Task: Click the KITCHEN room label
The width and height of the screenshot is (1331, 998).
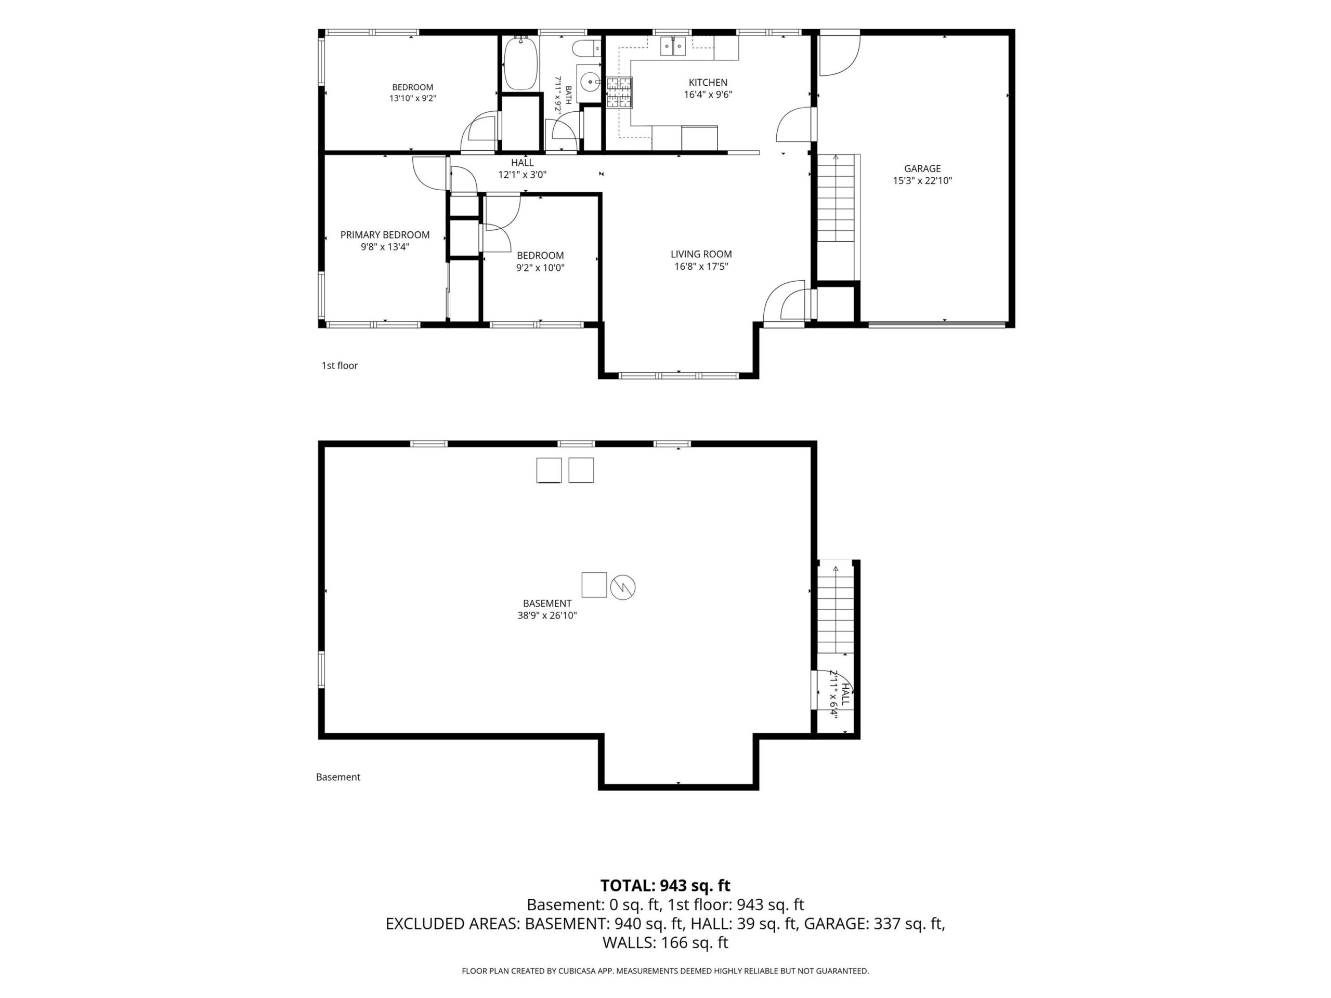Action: coord(708,83)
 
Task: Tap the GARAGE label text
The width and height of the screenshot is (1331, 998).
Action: coord(922,168)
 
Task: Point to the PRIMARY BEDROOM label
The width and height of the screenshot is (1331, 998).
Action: coord(385,234)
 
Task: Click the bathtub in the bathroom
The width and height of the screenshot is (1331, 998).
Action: coord(520,63)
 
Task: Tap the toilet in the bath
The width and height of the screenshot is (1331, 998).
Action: coord(586,47)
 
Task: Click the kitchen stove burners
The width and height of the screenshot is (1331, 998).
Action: coord(619,93)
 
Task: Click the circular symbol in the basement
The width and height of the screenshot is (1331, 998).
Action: coord(623,587)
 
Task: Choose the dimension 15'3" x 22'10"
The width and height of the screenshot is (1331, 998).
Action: coord(922,180)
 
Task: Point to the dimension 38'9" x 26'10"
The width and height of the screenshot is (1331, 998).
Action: coord(547,615)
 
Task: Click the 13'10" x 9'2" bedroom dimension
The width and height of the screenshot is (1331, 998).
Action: coord(413,99)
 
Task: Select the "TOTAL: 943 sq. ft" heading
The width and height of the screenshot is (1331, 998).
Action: coord(665,886)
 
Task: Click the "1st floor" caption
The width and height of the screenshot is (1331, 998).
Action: coord(340,366)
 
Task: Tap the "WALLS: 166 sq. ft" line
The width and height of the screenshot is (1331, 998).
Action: coord(665,943)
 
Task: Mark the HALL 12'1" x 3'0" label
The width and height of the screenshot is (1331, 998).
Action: coord(523,168)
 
